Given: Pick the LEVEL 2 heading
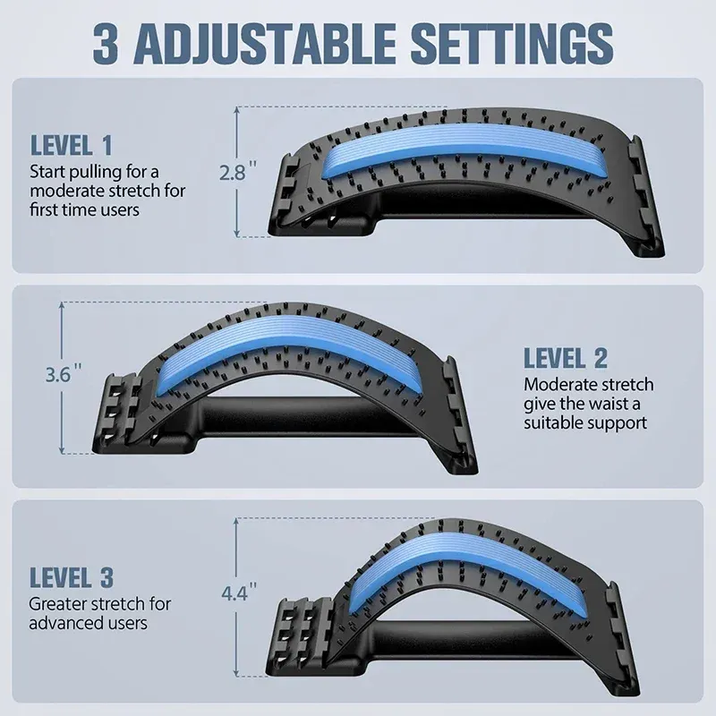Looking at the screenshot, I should click(x=566, y=359).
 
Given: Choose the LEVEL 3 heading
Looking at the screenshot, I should click(x=72, y=577).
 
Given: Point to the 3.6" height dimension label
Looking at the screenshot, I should click(x=64, y=376).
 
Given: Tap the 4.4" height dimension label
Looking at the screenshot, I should click(x=239, y=592).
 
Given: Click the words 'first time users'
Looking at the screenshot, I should click(x=86, y=209).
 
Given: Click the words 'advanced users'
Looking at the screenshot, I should click(x=89, y=623).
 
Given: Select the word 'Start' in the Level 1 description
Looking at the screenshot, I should click(x=49, y=170).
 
